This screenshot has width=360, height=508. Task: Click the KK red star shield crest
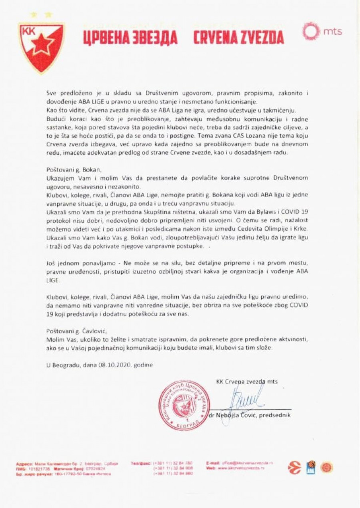[x=42, y=47]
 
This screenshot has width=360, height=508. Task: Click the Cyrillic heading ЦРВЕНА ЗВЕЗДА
[x=130, y=37]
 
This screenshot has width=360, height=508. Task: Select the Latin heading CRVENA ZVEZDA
[x=238, y=37]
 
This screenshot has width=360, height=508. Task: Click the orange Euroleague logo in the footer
[x=294, y=467]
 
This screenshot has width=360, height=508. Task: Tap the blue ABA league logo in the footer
[x=311, y=467]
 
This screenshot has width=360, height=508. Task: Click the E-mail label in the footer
[x=213, y=462]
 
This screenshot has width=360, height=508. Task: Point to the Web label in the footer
[x=211, y=467]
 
